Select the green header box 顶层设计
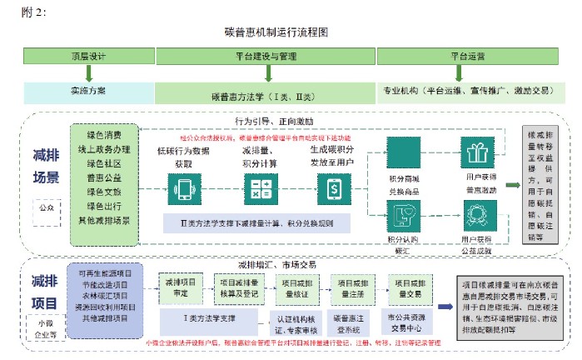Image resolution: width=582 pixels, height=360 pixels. click(88, 57)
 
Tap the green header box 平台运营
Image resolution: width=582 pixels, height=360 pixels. click(466, 57)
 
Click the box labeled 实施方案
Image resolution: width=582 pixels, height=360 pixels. click(88, 88)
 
